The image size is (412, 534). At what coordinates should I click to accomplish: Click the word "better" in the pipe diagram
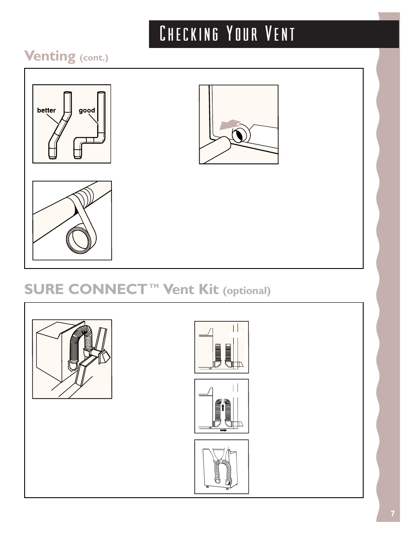coord(46,110)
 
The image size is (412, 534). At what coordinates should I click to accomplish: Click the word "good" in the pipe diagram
coord(87,111)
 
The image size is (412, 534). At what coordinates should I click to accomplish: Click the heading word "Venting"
coord(50,57)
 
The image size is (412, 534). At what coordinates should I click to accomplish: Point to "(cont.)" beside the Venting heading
coord(94,58)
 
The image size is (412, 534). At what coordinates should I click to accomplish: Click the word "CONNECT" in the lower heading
coord(109,289)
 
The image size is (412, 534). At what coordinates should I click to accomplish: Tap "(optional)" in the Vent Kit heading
coord(247,291)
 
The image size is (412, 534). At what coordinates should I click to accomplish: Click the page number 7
coord(393,514)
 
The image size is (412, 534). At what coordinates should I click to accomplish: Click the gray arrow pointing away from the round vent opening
coord(230,125)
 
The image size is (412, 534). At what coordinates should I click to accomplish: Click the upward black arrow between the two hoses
coord(223,408)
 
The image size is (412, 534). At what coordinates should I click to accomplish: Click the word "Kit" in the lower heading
coord(209,289)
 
